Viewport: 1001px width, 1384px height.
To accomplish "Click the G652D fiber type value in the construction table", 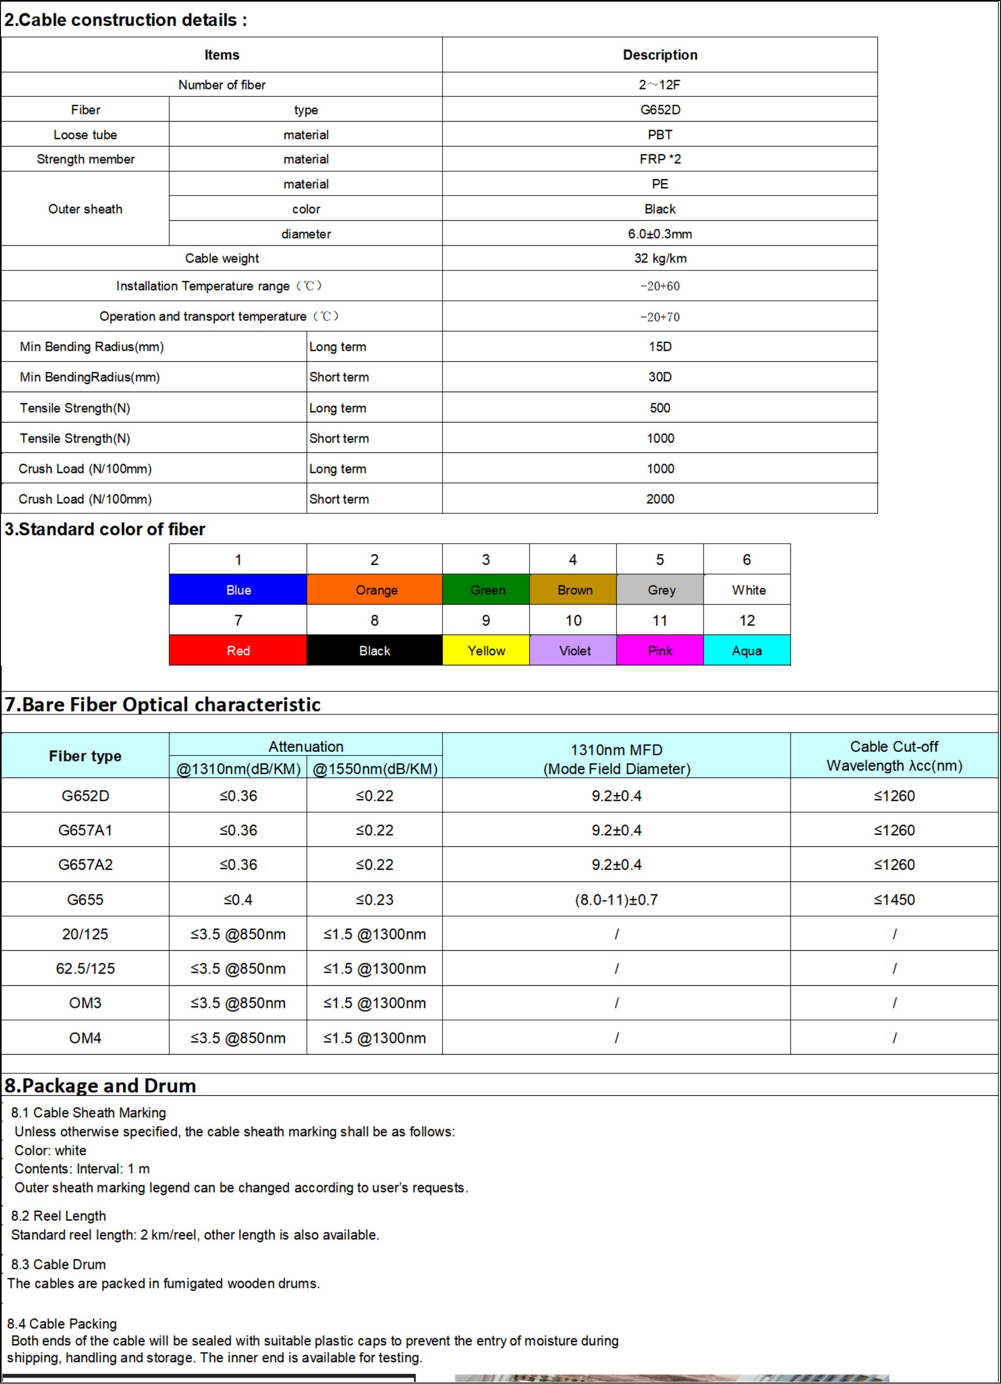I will [660, 110].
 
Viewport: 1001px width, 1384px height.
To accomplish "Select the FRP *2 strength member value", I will [660, 159].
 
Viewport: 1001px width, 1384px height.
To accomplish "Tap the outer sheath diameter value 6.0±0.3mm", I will [660, 234].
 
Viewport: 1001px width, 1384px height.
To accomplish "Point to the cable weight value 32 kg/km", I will [660, 258].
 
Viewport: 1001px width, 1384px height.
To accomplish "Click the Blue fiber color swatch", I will [238, 590].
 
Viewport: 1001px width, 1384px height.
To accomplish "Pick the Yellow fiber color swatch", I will [486, 650].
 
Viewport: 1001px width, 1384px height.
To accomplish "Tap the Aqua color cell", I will [747, 650].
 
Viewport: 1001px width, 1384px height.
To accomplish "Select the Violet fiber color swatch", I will [574, 650].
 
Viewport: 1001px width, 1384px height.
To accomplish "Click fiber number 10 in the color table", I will [573, 620].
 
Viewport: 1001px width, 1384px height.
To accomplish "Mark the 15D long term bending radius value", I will [660, 347].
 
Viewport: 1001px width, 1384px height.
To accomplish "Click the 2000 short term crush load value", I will [660, 499].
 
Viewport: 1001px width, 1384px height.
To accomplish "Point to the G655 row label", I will [86, 899].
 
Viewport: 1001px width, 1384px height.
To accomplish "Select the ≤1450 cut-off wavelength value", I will [894, 899].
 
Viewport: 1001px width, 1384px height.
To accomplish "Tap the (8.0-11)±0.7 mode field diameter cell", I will [616, 899].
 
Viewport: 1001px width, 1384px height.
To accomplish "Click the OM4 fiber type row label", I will [86, 1038].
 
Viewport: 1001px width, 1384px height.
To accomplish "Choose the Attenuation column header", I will [305, 746].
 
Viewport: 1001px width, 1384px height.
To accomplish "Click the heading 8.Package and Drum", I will [101, 1085].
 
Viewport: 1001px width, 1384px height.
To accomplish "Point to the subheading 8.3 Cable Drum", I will [58, 1264].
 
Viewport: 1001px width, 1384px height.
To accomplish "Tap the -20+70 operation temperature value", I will [660, 317].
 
